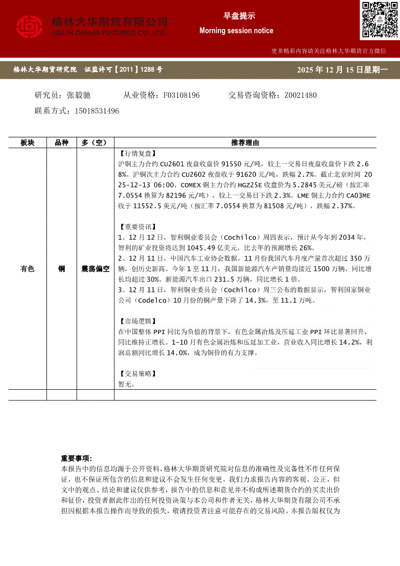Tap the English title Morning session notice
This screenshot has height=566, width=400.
[x=236, y=31]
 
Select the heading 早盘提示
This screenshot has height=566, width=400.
[x=236, y=16]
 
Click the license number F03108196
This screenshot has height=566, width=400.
[x=182, y=95]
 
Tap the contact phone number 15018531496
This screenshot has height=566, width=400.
[x=97, y=111]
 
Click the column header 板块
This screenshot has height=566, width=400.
[x=28, y=142]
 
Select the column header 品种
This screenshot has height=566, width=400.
[x=62, y=142]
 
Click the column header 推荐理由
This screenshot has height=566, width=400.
[x=245, y=142]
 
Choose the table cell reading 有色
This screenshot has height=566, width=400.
[x=28, y=269]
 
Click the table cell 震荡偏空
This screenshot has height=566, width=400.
[x=95, y=269]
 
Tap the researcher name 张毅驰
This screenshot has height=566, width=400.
[x=79, y=95]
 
